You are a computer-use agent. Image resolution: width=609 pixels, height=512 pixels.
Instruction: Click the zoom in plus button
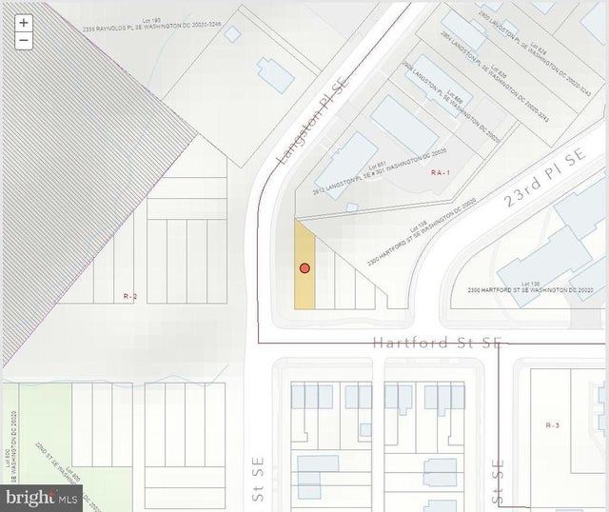pos(24,23)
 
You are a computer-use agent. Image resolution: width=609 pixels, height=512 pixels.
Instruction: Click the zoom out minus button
pos(24,40)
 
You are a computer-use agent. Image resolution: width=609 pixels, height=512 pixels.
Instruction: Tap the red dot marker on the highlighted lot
pos(304,268)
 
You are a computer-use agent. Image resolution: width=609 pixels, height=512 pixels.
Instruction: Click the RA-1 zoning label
pos(439,172)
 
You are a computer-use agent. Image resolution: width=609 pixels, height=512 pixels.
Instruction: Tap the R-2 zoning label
pos(131,297)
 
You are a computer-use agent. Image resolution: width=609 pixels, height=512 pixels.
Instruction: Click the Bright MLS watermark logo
pos(42,498)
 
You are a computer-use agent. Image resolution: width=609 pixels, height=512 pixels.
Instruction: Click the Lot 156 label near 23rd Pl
pos(416,228)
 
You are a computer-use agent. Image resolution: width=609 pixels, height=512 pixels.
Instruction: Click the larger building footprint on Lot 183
pos(275,75)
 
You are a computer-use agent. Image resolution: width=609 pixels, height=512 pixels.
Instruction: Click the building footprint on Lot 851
pos(344,165)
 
